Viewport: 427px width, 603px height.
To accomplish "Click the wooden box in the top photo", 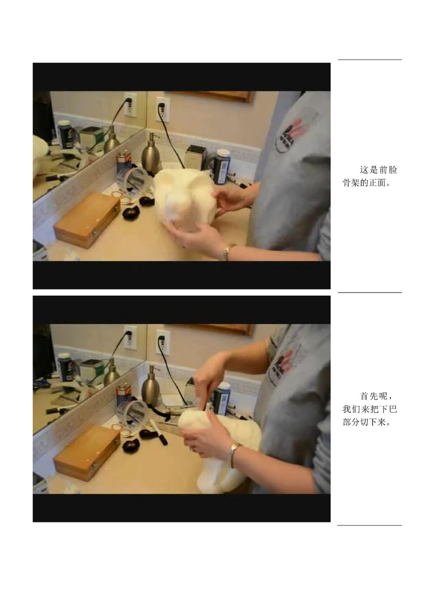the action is click(x=87, y=220).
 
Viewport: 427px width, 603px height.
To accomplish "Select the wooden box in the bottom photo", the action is click(x=87, y=453).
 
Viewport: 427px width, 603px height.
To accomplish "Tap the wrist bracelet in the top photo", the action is click(x=228, y=252).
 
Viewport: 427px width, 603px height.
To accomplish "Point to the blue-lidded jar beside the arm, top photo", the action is click(x=222, y=167).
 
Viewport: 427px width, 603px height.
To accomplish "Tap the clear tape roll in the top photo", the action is click(x=132, y=180).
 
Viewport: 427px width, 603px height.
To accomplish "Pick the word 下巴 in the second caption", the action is click(x=388, y=409).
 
